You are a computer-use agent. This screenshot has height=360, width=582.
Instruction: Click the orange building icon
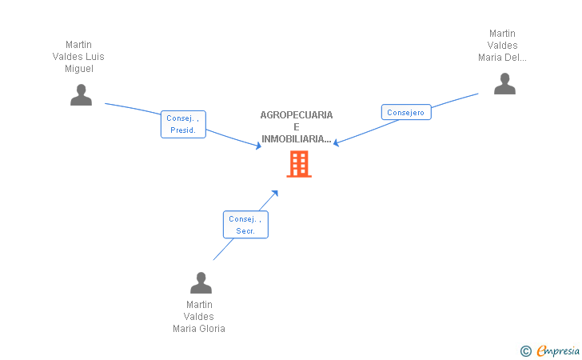click(299, 164)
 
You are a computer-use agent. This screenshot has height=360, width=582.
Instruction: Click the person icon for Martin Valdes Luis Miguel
click(81, 94)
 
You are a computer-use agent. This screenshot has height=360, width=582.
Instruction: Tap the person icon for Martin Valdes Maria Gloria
click(201, 282)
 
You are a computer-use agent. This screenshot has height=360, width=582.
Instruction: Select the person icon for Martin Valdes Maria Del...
click(504, 83)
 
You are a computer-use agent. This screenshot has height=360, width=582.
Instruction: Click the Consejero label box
click(406, 112)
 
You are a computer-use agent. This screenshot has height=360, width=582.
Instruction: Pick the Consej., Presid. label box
click(183, 124)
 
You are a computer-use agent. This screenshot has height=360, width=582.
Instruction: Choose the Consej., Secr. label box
click(245, 224)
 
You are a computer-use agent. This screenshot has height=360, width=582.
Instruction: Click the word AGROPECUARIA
click(296, 114)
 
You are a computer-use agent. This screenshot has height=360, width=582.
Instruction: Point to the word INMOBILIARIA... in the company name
click(296, 139)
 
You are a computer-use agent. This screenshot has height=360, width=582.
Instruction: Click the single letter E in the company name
click(296, 127)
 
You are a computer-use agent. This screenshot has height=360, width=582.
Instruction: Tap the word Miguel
click(79, 69)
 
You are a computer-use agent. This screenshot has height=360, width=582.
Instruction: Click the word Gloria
click(212, 329)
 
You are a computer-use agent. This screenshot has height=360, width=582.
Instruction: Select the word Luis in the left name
click(96, 57)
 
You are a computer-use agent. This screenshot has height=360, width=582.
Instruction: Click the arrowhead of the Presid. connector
click(258, 146)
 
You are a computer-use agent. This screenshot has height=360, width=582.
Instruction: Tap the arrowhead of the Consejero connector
click(337, 142)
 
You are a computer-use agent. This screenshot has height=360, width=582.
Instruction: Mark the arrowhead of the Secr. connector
click(275, 193)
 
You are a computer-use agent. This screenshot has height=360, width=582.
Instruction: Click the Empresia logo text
click(558, 350)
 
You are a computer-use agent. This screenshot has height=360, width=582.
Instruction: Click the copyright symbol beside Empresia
click(525, 351)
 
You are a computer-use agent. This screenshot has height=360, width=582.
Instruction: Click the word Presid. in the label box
click(183, 130)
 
